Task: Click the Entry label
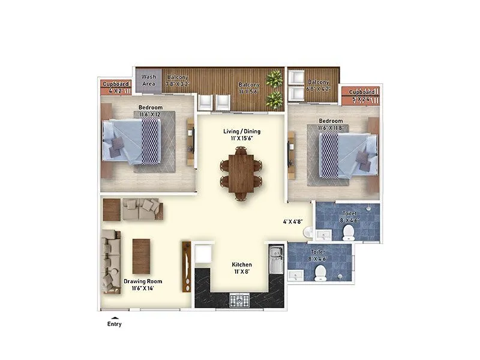tap(114, 324)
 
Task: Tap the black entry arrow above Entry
tap(114, 317)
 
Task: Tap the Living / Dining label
tap(243, 135)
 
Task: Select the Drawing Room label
tap(143, 284)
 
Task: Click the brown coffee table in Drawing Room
tap(140, 253)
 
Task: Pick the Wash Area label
tap(149, 80)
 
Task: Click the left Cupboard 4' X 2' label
tap(115, 88)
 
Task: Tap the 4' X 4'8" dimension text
tap(294, 221)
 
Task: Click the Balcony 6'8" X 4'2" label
tap(318, 85)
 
